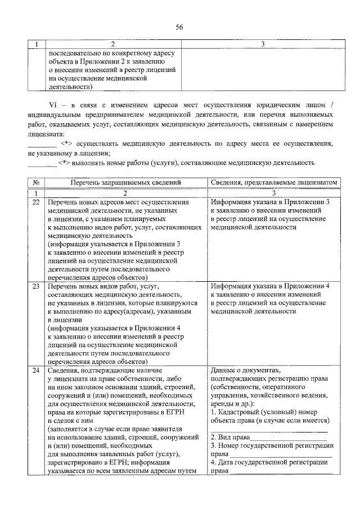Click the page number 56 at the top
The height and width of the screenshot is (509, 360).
[x=179, y=27]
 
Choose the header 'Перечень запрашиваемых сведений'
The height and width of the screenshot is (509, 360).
[x=125, y=183]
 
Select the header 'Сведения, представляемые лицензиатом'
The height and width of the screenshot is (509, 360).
[x=276, y=183]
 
